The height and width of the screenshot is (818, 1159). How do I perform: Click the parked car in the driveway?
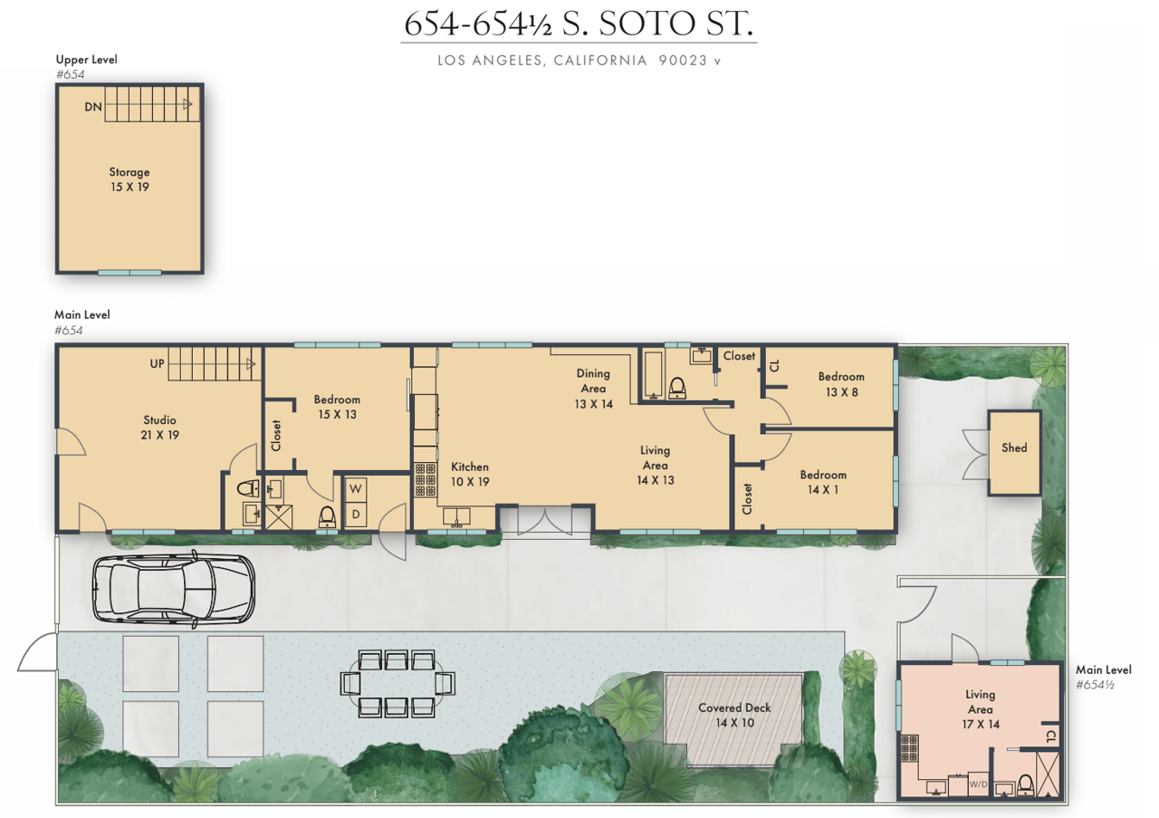click(x=174, y=589)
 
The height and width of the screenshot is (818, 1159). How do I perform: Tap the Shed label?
click(x=1014, y=447)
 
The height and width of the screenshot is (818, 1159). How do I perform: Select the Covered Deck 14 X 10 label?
click(x=734, y=715)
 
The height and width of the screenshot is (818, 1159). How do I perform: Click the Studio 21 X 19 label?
click(x=160, y=428)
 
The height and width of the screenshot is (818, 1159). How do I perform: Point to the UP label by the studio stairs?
click(x=158, y=364)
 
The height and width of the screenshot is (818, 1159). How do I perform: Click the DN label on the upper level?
click(x=93, y=107)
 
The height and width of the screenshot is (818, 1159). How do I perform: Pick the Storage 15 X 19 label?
click(x=129, y=179)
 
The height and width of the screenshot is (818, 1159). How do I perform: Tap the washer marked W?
click(x=356, y=489)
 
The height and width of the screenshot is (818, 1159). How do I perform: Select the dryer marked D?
click(x=356, y=515)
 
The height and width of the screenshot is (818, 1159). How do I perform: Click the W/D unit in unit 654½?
click(x=978, y=784)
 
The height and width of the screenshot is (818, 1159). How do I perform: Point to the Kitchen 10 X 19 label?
click(x=470, y=475)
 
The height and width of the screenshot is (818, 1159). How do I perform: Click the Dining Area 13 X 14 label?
click(x=593, y=389)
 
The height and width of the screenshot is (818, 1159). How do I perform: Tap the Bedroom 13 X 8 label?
click(x=841, y=384)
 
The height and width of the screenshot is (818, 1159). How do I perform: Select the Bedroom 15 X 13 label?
click(x=337, y=407)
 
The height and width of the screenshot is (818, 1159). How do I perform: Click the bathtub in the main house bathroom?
click(x=653, y=375)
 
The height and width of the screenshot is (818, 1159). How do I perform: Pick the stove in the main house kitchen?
click(x=426, y=479)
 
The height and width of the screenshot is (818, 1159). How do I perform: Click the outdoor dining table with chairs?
click(x=398, y=683)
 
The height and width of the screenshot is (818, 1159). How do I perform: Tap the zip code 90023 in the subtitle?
click(x=683, y=61)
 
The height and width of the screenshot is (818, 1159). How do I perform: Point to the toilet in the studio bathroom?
click(x=249, y=488)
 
